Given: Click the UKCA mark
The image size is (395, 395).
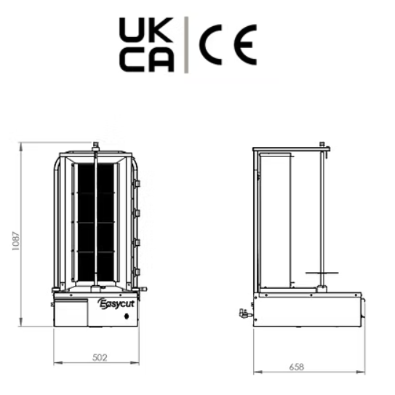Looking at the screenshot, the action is pyautogui.click(x=146, y=44).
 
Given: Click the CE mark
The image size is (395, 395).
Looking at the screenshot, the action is pyautogui.click(x=228, y=45).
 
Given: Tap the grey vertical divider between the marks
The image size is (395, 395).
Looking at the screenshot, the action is pyautogui.click(x=186, y=45).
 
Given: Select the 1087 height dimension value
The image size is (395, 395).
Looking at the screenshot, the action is pyautogui.click(x=15, y=241).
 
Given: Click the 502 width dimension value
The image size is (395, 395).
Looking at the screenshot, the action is pyautogui.click(x=100, y=357).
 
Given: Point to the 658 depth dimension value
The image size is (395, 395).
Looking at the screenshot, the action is pyautogui.click(x=297, y=367).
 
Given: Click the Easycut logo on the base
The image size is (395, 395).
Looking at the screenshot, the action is pyautogui.click(x=116, y=303).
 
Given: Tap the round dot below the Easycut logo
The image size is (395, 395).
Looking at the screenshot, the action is pyautogui.click(x=127, y=316).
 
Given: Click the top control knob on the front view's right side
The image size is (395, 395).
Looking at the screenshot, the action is pyautogui.click(x=137, y=183).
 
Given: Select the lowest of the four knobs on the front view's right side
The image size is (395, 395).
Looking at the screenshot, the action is pyautogui.click(x=137, y=272).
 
